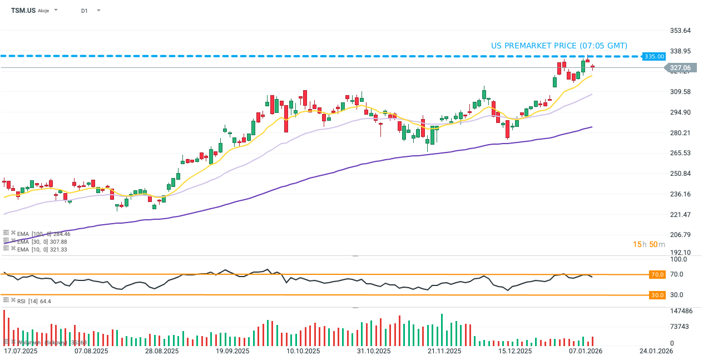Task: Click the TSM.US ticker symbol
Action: tap(23, 11)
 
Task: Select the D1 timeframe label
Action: tap(84, 11)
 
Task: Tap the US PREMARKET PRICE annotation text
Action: tap(559, 46)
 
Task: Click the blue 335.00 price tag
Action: tap(654, 56)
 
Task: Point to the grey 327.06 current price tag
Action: tap(680, 68)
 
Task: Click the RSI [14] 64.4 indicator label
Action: tap(34, 301)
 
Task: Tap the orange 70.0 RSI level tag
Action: tap(657, 274)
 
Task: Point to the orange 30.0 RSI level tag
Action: tap(657, 295)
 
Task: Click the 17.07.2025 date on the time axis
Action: tap(21, 351)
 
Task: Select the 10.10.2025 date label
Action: tap(303, 351)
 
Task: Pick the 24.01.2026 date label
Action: tap(656, 351)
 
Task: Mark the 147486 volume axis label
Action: tap(681, 311)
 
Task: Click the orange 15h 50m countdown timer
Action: tap(648, 244)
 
